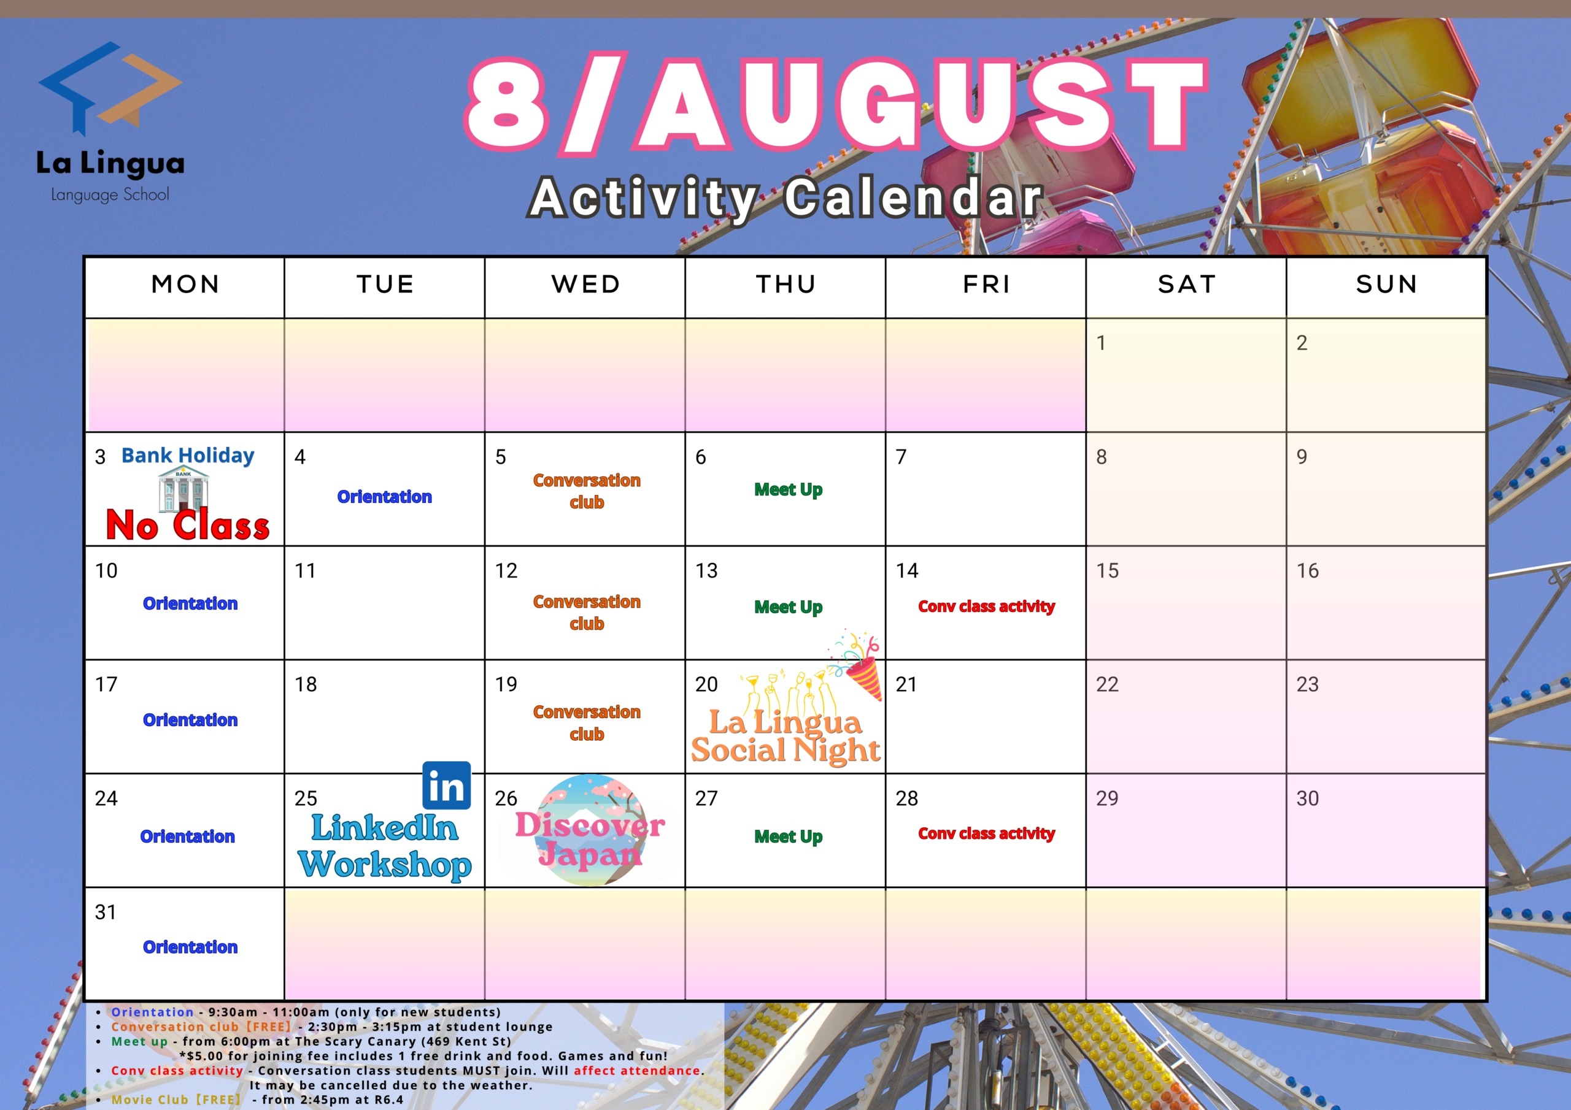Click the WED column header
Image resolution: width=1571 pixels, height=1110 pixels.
click(x=587, y=285)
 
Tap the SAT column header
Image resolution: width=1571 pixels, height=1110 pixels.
click(x=1187, y=285)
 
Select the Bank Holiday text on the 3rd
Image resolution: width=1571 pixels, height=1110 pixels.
click(x=188, y=456)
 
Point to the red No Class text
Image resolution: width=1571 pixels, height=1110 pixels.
click(x=188, y=525)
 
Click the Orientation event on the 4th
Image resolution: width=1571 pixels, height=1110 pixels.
click(x=385, y=497)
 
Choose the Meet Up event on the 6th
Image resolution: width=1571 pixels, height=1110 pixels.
click(x=788, y=489)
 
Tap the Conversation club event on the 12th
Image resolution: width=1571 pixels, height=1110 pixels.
click(x=587, y=613)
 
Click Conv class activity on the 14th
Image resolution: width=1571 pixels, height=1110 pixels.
click(x=986, y=607)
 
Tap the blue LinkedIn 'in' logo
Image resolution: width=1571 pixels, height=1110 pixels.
click(x=447, y=785)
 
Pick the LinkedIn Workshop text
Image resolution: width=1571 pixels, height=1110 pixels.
click(x=385, y=847)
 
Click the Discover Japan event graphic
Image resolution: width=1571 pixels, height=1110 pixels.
click(x=590, y=830)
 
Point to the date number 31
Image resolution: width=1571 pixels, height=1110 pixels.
click(x=106, y=913)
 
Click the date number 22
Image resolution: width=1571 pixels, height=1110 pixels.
click(x=1107, y=684)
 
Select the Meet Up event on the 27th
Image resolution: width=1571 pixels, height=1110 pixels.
click(x=788, y=836)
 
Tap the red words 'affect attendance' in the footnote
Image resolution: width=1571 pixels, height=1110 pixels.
click(x=637, y=1070)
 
